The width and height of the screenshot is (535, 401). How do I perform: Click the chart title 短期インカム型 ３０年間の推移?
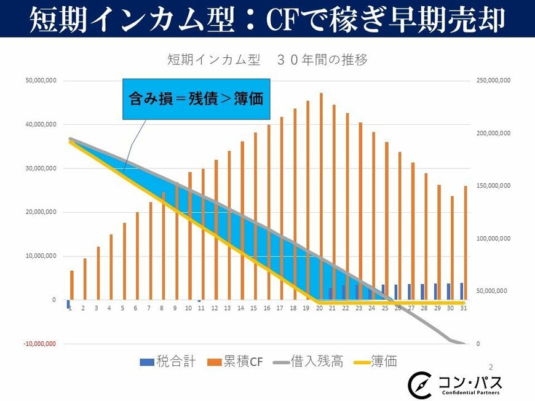[267, 60]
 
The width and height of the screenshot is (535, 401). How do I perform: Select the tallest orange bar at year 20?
[321, 197]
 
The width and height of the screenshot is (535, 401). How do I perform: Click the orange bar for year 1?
[72, 285]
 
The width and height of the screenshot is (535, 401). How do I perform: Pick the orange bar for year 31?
[466, 243]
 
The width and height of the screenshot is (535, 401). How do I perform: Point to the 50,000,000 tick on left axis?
[40, 81]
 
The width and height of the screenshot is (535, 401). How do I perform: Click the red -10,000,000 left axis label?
[40, 344]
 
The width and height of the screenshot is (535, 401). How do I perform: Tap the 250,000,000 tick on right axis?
[494, 81]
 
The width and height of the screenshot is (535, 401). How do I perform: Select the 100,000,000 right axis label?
[494, 239]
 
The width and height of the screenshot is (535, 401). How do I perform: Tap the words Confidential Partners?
[470, 392]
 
